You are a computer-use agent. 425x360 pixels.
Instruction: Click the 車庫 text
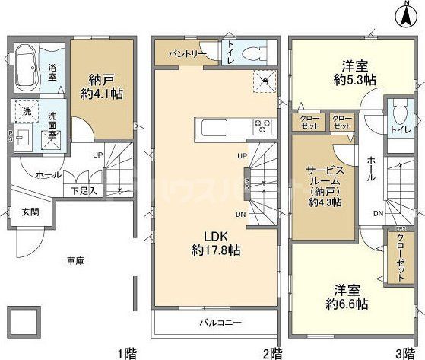coord(75,261)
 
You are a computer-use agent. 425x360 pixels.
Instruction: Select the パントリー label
coord(183,54)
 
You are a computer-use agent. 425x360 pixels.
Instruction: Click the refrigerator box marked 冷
coord(263,80)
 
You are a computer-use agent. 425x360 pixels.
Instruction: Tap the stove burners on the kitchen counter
coord(263,126)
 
